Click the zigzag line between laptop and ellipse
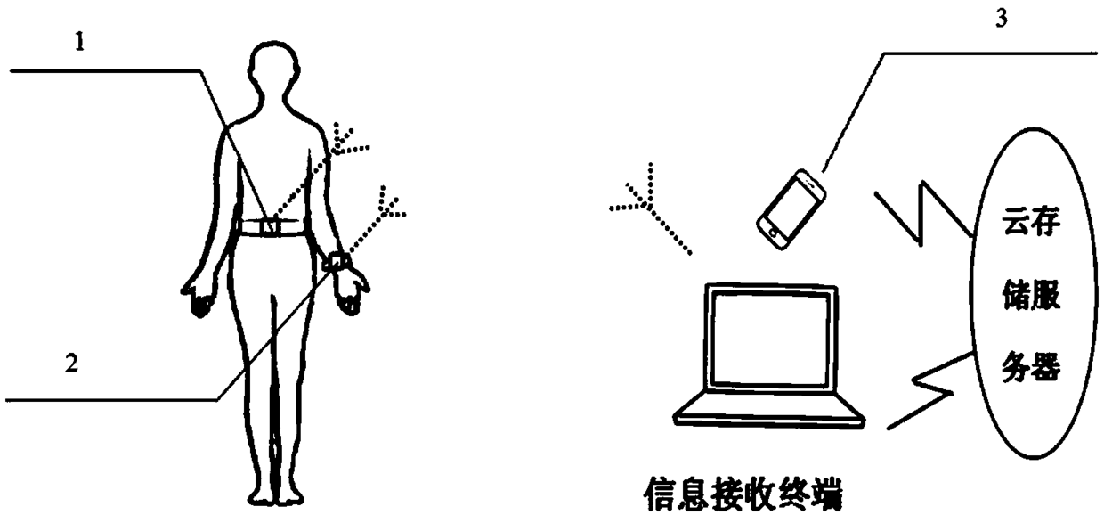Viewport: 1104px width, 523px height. (x=930, y=388)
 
